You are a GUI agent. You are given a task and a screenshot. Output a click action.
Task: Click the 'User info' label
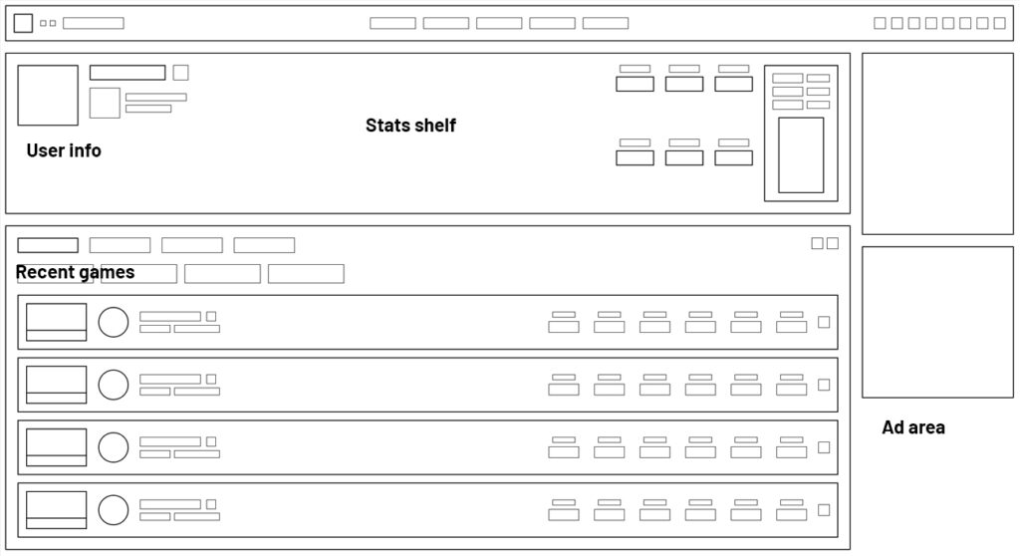click(64, 151)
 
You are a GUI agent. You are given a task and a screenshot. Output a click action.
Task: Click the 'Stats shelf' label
click(410, 126)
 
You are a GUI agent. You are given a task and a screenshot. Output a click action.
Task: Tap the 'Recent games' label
click(75, 272)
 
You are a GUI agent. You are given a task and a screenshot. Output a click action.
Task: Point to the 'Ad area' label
click(913, 427)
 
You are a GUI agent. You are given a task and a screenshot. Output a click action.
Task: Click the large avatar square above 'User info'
click(48, 96)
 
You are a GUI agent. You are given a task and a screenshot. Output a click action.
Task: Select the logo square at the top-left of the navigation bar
click(23, 23)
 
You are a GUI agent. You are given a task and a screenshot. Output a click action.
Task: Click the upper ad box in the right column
click(937, 143)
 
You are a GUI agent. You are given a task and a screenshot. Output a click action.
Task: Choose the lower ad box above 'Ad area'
click(937, 322)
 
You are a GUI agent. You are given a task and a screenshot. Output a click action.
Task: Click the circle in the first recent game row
click(114, 322)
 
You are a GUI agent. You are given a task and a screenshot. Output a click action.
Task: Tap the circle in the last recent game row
click(114, 510)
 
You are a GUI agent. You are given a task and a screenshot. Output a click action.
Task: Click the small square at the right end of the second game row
click(824, 385)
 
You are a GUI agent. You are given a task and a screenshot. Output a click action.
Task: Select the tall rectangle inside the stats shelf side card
click(801, 154)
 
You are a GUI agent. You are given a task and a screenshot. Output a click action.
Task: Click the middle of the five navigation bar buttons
click(499, 23)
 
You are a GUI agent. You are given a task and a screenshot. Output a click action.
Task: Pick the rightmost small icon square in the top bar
click(999, 23)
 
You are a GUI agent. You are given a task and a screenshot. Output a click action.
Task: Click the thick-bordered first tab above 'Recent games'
click(48, 245)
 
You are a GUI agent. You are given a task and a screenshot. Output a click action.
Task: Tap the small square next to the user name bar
click(180, 72)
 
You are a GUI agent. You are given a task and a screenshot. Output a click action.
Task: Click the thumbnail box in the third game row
click(56, 447)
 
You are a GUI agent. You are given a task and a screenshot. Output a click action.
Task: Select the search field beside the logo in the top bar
click(94, 23)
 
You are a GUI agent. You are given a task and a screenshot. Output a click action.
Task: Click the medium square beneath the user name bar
click(105, 103)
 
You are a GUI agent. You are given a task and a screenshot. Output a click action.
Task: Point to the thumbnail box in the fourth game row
click(56, 510)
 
